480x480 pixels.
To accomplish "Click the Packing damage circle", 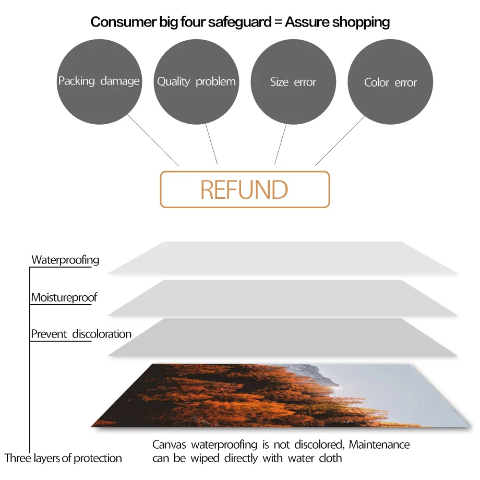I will tap(99, 81).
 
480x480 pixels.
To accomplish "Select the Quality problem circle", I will tap(196, 81).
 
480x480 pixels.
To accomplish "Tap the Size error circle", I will tap(293, 82).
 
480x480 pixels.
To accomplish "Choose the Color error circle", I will tap(390, 82).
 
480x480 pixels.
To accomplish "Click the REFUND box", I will tap(245, 189).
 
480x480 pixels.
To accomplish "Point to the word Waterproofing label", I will tap(65, 260).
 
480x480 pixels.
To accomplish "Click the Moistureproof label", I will tap(64, 297).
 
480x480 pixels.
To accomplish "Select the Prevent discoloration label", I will tap(81, 334).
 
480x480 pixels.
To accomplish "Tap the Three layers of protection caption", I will tap(63, 458).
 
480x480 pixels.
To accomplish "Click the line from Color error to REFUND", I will tap(339, 140).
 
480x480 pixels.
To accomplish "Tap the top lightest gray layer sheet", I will tap(282, 258).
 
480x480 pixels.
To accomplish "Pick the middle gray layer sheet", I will tap(282, 298).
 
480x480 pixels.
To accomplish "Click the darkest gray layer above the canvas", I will tap(282, 338).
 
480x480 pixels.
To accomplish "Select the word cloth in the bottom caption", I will tap(330, 458).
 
